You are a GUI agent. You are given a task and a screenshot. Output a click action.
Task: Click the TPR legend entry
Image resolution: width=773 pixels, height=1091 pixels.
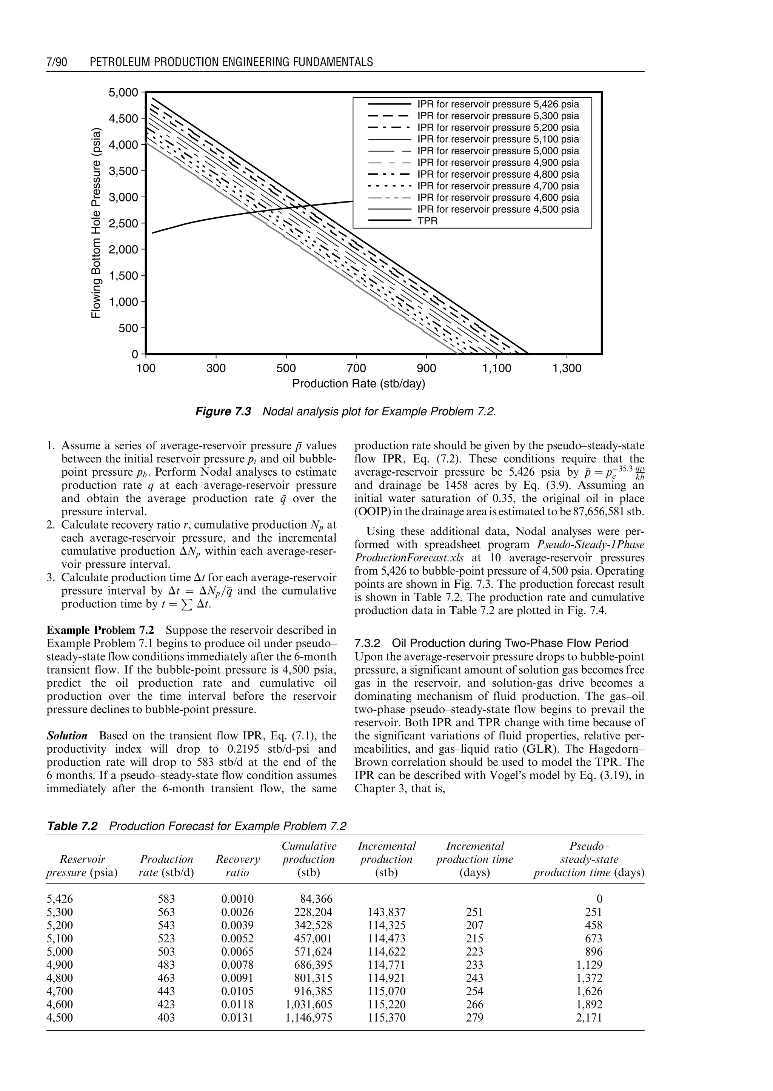pyautogui.click(x=427, y=221)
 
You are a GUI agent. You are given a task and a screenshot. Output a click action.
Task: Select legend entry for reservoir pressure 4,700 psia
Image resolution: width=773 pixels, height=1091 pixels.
pyautogui.click(x=498, y=186)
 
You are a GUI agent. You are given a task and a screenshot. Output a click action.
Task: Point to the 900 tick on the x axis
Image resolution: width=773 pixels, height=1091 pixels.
pyautogui.click(x=427, y=368)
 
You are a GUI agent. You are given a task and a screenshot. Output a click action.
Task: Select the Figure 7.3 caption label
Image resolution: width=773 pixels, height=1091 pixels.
pyautogui.click(x=223, y=412)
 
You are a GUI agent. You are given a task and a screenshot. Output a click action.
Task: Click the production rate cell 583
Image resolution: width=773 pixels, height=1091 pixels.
pyautogui.click(x=166, y=899)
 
